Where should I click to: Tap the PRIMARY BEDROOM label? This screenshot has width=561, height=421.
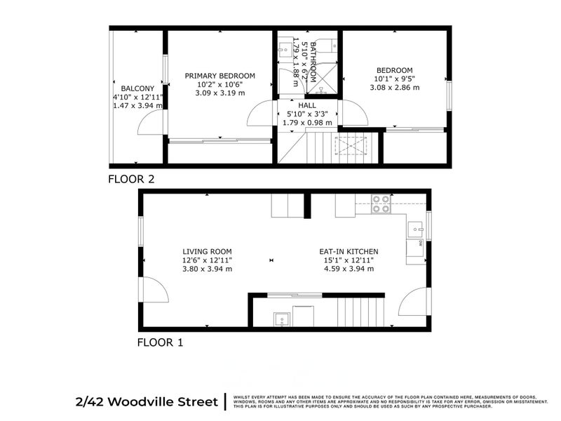click(219, 76)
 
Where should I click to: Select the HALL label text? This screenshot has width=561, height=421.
click(307, 105)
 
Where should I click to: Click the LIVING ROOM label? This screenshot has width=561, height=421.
click(207, 252)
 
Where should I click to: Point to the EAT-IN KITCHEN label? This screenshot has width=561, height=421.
click(349, 252)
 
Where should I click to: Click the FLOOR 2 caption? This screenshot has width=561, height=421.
click(130, 179)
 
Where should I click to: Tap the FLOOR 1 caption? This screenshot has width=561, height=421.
click(161, 343)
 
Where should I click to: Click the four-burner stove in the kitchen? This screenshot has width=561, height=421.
click(381, 203)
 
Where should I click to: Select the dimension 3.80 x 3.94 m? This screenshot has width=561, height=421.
click(207, 268)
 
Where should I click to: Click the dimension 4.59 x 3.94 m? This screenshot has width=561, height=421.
click(349, 268)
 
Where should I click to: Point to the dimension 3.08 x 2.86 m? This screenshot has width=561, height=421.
click(395, 88)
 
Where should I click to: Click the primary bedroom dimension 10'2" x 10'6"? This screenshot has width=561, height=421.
click(219, 84)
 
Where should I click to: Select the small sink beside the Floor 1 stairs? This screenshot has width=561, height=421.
click(282, 319)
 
